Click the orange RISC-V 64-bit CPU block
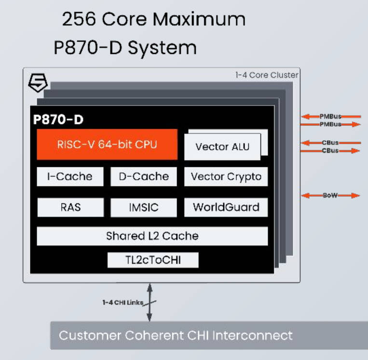[x=107, y=144]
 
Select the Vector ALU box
[x=222, y=147]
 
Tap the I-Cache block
[x=70, y=176]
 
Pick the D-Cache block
[x=144, y=176]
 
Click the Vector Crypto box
[x=226, y=176]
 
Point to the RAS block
[x=70, y=208]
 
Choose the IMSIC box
[x=144, y=208]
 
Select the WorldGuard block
[x=226, y=208]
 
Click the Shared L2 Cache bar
[x=152, y=236]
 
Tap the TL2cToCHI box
[x=152, y=260]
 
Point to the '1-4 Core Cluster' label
[x=267, y=75]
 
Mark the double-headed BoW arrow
[x=330, y=195]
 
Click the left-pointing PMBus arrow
[x=330, y=116]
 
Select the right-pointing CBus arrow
[x=330, y=151]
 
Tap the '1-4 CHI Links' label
[x=123, y=302]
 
